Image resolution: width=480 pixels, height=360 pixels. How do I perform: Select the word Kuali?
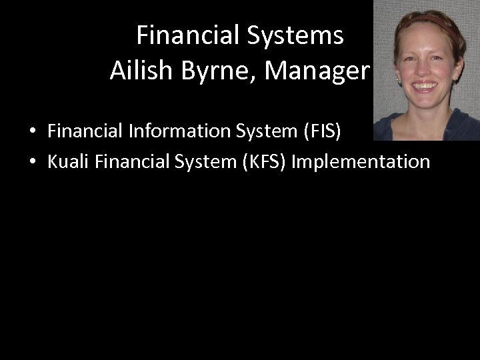click(x=69, y=161)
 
